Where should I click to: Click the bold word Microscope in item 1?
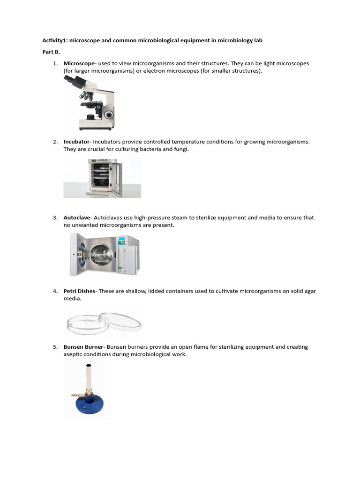click(79, 63)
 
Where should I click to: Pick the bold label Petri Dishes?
click(79, 291)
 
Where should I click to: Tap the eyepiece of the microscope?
click(69, 79)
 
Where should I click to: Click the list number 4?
click(55, 291)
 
